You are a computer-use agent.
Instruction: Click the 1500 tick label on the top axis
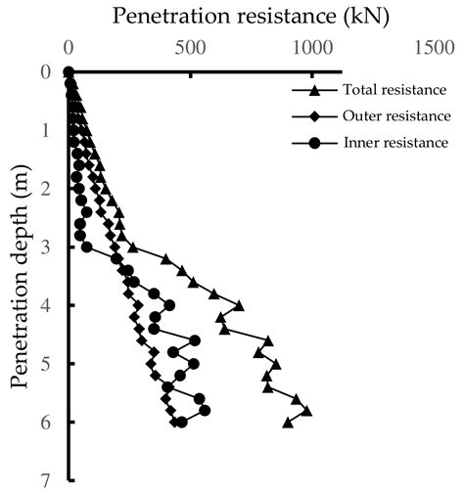tap(433, 46)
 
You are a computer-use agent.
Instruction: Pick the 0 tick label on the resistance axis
tap(68, 46)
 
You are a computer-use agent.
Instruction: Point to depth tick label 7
tap(45, 480)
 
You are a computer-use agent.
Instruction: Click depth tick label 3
tap(45, 247)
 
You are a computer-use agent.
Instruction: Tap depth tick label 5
tap(45, 364)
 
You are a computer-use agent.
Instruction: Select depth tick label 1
tap(45, 129)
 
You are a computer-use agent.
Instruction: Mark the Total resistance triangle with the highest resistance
tap(306, 411)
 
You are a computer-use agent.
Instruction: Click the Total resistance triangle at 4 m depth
tap(239, 305)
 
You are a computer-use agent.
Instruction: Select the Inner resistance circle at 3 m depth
tap(87, 247)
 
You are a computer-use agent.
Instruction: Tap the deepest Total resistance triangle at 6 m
tap(288, 423)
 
